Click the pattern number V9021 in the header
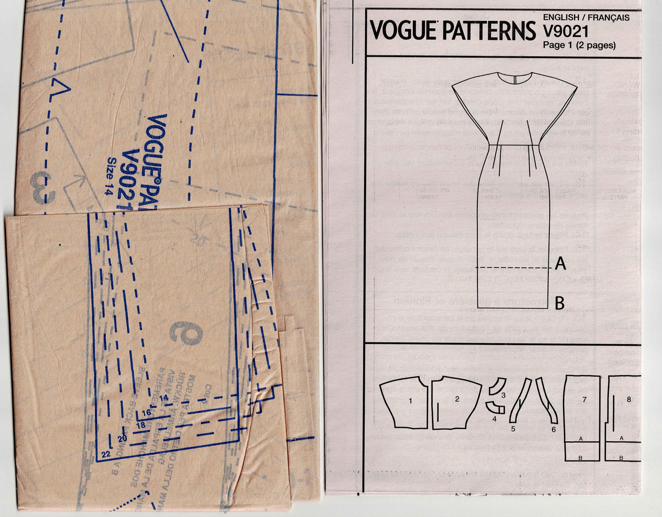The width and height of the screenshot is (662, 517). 565,31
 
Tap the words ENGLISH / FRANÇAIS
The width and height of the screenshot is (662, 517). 586,18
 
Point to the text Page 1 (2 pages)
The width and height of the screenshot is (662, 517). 579,45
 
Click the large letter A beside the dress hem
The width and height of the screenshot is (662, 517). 560,264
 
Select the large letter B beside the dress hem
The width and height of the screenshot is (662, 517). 559,303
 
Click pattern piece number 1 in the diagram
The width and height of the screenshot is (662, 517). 410,401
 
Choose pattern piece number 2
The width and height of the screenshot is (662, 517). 457,399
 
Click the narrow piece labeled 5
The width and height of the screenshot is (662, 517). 520,403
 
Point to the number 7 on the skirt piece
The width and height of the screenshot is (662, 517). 584,399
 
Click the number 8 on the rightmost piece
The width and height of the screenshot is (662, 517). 629,399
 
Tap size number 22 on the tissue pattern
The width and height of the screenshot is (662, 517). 106,454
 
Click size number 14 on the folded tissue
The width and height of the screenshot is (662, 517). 164,398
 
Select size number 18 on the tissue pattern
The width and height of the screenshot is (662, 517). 141,425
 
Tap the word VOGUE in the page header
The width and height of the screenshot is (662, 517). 403,31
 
